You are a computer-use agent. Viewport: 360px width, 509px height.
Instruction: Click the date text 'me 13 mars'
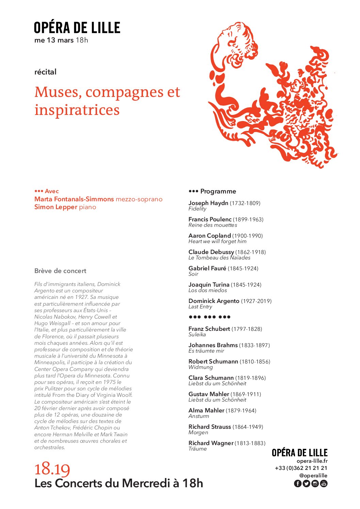(x=54, y=40)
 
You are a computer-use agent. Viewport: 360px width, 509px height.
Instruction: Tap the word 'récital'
(x=45, y=72)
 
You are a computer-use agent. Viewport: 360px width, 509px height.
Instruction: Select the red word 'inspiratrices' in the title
(x=77, y=110)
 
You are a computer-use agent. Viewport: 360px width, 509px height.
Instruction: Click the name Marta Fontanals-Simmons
(x=74, y=199)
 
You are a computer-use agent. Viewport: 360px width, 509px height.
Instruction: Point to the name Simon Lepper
(x=55, y=207)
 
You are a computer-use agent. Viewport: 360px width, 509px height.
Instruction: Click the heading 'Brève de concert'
(x=60, y=271)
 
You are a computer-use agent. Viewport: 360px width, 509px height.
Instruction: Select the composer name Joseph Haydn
(x=208, y=203)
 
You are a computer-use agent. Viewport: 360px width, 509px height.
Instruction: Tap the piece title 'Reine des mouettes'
(x=213, y=225)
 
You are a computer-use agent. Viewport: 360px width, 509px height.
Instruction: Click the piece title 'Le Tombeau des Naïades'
(x=219, y=258)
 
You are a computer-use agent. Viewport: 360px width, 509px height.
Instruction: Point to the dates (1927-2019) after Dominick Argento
(x=256, y=301)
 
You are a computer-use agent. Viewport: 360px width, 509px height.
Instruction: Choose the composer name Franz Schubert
(x=209, y=329)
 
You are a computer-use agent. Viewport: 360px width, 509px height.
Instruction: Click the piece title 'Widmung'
(x=200, y=367)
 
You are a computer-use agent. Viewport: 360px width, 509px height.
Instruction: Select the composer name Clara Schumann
(x=211, y=378)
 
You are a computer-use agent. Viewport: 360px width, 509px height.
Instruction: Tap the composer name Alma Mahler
(x=206, y=410)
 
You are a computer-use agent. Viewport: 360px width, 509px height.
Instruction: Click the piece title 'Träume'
(x=197, y=449)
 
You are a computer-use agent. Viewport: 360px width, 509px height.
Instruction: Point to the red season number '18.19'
(x=52, y=469)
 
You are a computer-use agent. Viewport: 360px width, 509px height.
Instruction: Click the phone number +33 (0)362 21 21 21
(x=301, y=468)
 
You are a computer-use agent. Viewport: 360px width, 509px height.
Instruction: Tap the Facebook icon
(x=297, y=483)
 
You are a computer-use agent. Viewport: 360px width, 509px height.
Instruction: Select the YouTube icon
(x=324, y=483)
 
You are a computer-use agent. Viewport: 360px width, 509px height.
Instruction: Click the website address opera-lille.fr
(x=312, y=461)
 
